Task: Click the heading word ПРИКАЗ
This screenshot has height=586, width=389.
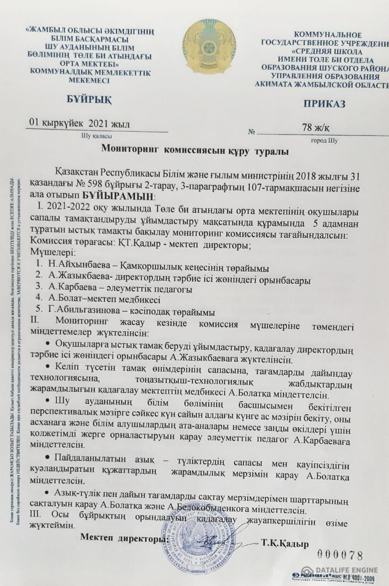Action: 324,104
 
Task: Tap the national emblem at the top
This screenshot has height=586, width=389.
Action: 209,46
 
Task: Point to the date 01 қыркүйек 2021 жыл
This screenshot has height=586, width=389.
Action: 79,123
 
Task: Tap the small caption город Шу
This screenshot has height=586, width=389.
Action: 324,141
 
